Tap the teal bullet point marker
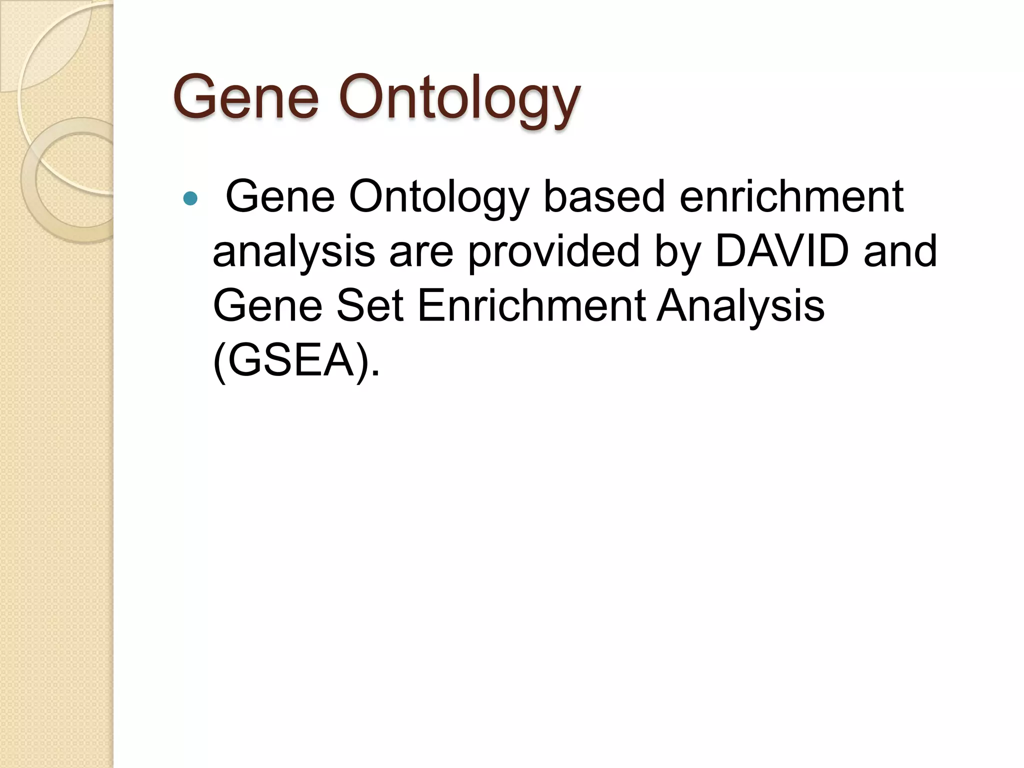(x=190, y=199)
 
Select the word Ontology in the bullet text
(x=438, y=197)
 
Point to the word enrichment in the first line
(x=791, y=196)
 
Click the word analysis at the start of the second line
(x=293, y=251)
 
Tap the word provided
(x=554, y=251)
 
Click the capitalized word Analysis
(x=740, y=306)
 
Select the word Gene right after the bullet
(x=280, y=197)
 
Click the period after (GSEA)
(x=376, y=372)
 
